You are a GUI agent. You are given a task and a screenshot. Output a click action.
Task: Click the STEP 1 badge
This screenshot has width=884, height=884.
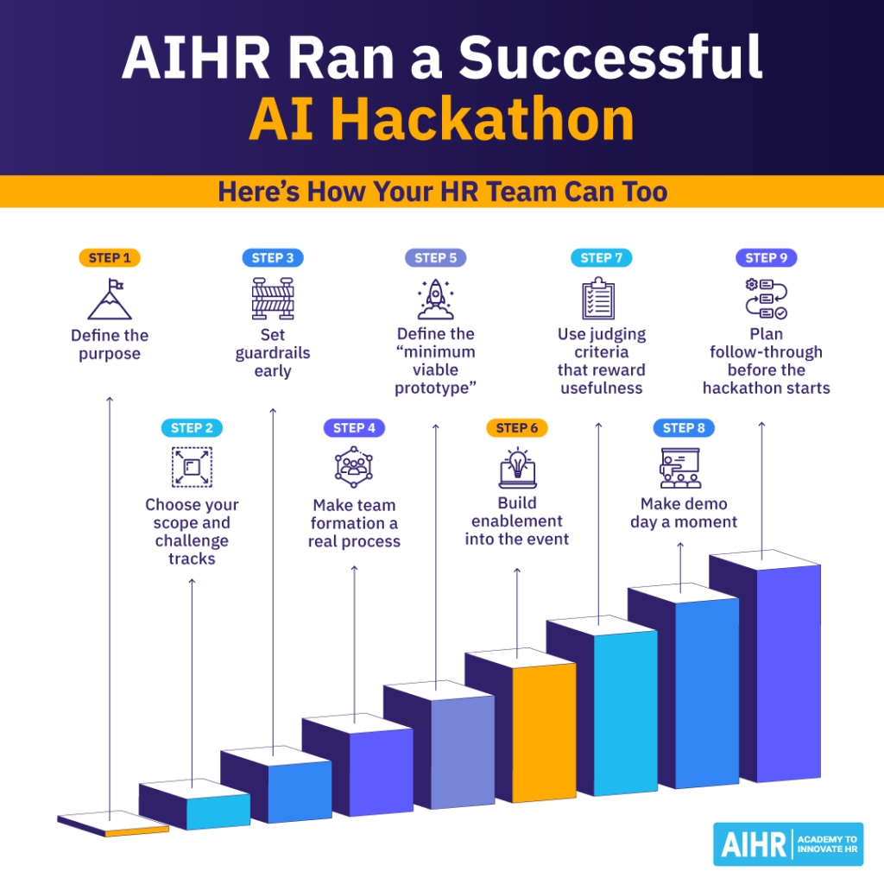click(x=109, y=257)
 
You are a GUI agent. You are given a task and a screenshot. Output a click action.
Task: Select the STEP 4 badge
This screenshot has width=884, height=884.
click(x=354, y=427)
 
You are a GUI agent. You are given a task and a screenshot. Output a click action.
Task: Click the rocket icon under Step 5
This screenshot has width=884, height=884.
click(x=435, y=300)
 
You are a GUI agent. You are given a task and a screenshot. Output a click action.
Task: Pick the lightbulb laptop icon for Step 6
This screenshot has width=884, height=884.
click(x=517, y=469)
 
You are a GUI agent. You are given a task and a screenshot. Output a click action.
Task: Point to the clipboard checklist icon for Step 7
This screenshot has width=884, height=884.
click(x=598, y=299)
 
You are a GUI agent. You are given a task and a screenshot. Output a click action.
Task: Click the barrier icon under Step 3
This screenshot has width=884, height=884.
click(x=273, y=299)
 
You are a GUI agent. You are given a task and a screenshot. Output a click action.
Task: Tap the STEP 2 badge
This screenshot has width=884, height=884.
click(x=192, y=427)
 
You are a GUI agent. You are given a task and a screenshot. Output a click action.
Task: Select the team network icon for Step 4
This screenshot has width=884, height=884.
click(x=354, y=468)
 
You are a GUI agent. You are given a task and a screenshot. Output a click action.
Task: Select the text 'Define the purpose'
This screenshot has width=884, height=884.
click(x=110, y=344)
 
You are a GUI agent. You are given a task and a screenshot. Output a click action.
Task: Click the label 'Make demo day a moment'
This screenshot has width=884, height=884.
click(x=684, y=513)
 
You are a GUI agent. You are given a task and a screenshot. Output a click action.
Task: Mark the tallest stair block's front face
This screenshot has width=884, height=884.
click(x=790, y=673)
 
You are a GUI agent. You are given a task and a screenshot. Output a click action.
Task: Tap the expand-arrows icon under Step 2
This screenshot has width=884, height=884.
click(x=192, y=468)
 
